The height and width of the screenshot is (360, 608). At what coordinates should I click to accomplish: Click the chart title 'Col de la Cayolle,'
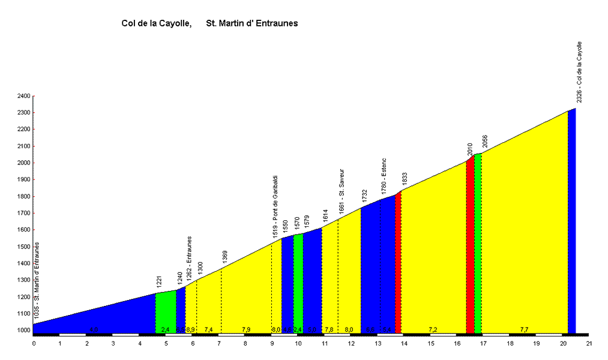pyautogui.click(x=156, y=23)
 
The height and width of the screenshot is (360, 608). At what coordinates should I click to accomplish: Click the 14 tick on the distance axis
pyautogui.click(x=405, y=343)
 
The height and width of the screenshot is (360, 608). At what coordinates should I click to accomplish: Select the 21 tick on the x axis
pyautogui.click(x=589, y=343)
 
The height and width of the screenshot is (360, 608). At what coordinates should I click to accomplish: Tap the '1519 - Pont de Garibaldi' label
pyautogui.click(x=275, y=207)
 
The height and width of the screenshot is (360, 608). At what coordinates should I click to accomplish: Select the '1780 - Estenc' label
pyautogui.click(x=384, y=176)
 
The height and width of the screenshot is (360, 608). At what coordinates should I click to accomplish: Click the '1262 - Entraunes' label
pyautogui.click(x=190, y=258)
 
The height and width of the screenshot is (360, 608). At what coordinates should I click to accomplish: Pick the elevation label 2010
pyautogui.click(x=471, y=149)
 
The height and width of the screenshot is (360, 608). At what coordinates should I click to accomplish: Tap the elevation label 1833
pyautogui.click(x=405, y=179)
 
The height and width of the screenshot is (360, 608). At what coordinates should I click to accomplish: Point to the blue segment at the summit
pyautogui.click(x=571, y=222)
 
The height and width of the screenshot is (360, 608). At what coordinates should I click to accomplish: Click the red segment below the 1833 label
pyautogui.click(x=398, y=264)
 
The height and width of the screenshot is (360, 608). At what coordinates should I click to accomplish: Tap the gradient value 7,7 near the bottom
pyautogui.click(x=524, y=329)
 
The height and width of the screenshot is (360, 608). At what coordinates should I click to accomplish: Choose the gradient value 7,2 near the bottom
pyautogui.click(x=433, y=329)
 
